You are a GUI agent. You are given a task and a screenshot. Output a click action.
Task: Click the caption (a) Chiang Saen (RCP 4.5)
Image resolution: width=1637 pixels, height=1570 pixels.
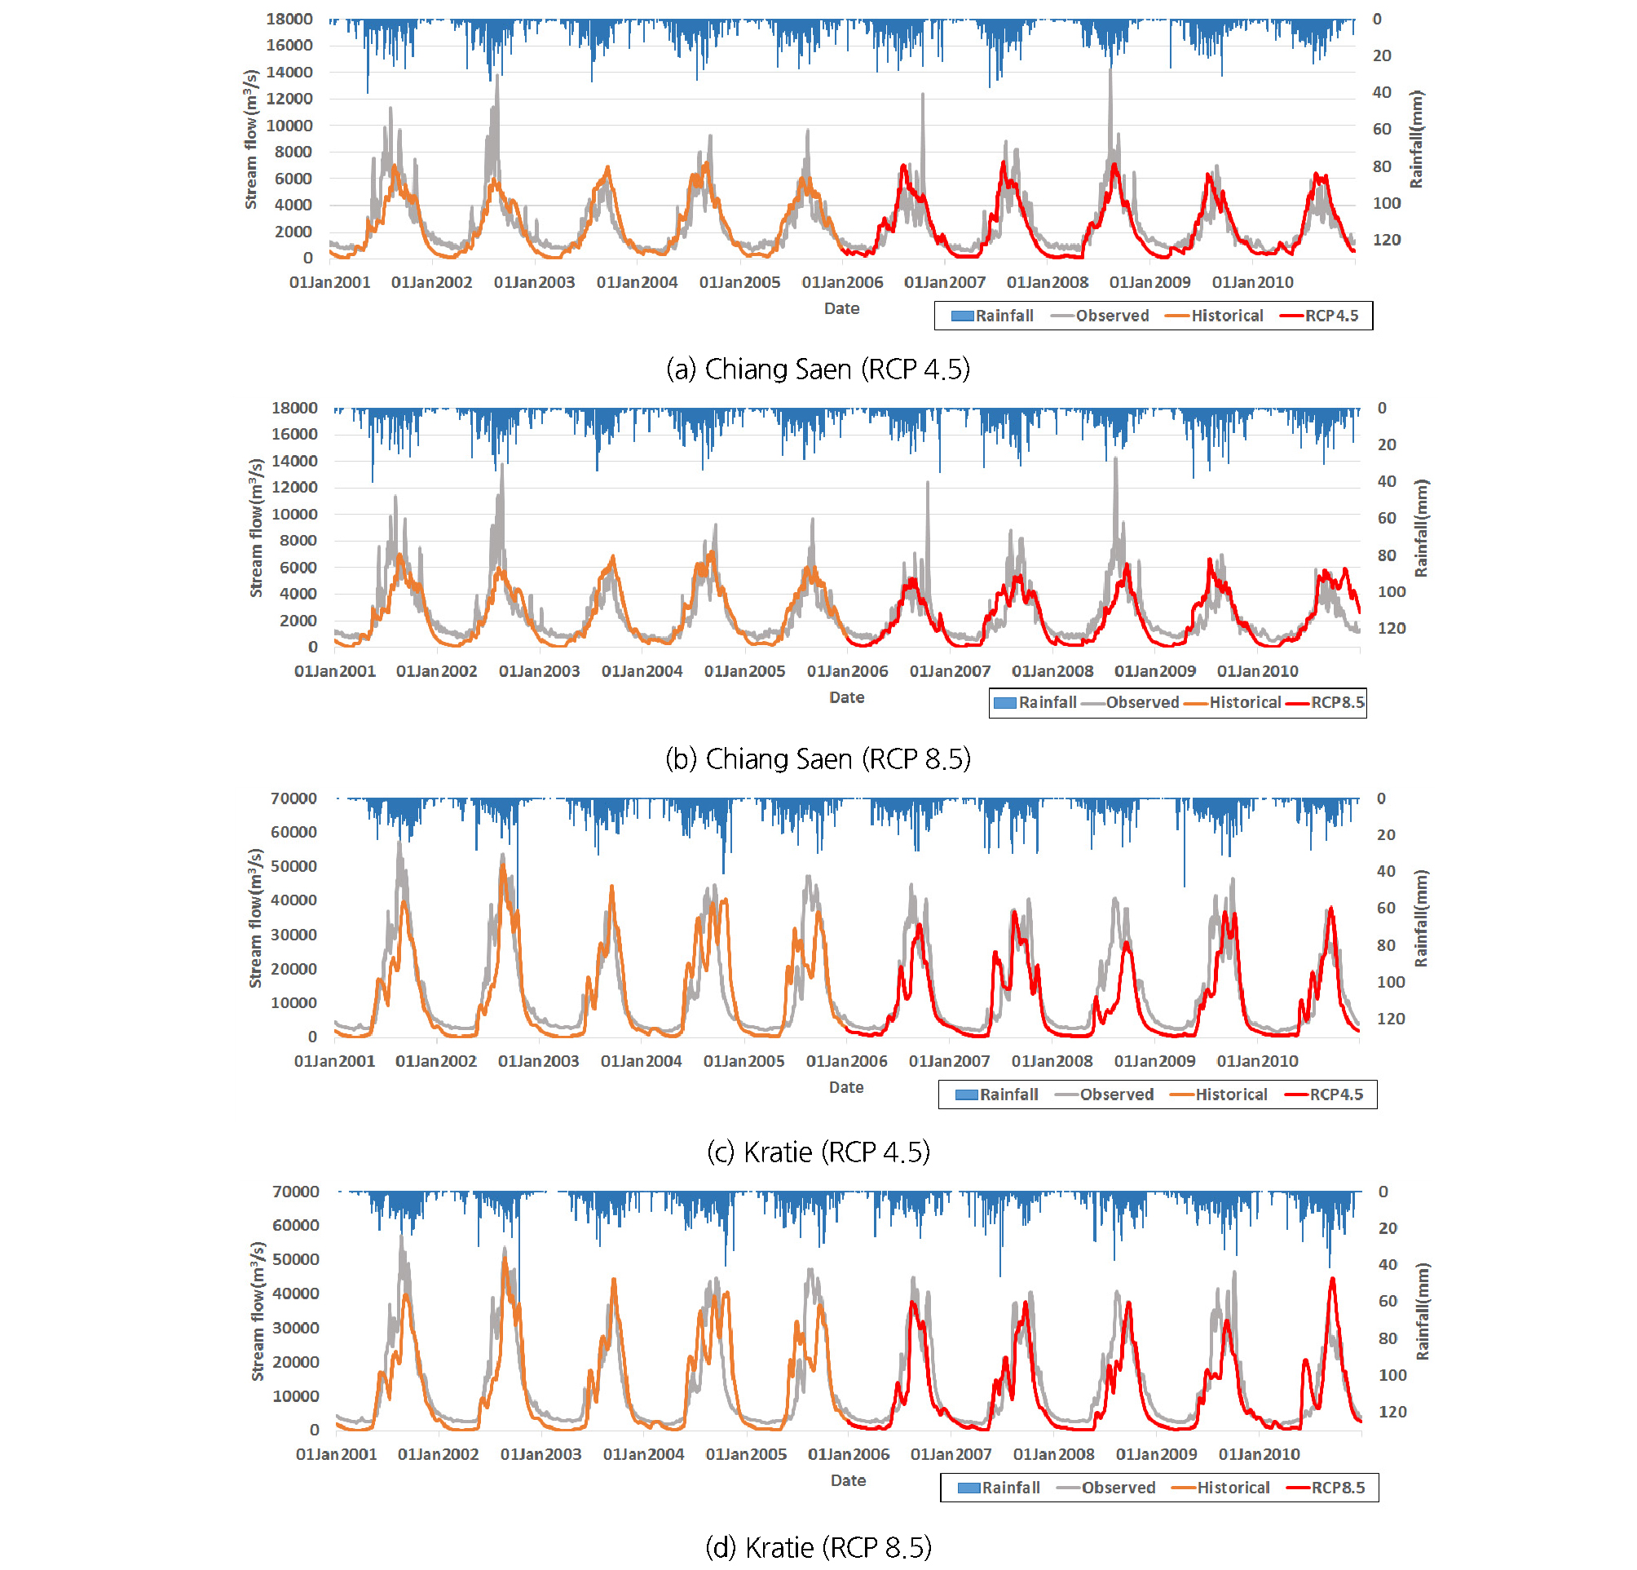818,369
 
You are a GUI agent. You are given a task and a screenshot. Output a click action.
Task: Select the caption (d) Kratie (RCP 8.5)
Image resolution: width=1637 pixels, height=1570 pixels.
818,1546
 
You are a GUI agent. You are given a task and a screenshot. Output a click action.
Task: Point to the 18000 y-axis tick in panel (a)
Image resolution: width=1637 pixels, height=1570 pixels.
289,19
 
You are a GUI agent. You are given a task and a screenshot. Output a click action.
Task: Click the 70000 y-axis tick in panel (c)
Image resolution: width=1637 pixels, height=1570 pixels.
293,798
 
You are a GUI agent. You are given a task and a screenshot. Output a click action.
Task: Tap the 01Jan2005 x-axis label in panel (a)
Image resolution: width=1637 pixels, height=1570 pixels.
739,282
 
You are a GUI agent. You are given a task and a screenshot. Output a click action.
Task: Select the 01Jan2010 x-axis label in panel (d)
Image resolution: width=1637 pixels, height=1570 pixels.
1259,1454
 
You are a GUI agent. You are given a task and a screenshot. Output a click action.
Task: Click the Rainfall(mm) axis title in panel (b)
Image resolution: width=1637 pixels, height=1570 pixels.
1421,528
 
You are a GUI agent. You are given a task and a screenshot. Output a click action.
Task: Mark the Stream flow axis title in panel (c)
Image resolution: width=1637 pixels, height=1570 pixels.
255,918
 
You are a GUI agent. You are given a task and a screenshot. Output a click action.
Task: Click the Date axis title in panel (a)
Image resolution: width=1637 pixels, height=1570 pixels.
841,308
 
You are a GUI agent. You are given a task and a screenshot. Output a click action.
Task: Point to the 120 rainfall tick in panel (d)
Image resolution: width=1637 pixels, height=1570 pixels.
1392,1411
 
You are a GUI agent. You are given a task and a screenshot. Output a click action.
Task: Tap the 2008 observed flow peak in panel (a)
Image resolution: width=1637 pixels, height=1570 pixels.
1110,71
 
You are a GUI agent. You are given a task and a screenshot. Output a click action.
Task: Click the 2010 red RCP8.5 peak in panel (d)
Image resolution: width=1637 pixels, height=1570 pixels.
1332,1279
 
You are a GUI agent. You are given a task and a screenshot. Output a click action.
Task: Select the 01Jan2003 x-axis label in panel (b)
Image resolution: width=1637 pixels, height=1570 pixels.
539,671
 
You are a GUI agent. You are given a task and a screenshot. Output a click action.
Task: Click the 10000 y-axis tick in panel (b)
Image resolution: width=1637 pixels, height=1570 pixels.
294,514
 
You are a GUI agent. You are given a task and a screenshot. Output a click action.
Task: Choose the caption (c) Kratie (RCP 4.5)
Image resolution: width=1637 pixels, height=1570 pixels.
818,1152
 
